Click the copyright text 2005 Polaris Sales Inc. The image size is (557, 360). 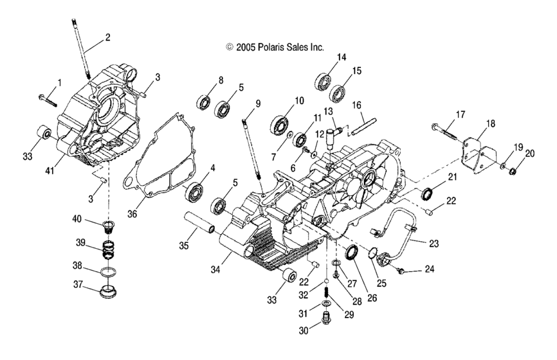click(275, 47)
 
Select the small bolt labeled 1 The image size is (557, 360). click(47, 99)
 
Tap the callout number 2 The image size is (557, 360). click(107, 37)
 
